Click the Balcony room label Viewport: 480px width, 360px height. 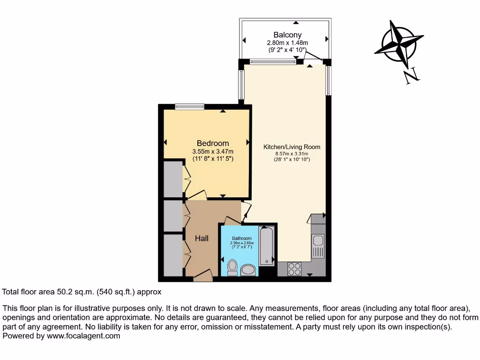pos(287,35)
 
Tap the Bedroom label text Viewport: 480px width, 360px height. pos(213,143)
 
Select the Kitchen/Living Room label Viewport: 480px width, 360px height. pos(292,147)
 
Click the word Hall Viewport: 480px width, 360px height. pos(202,238)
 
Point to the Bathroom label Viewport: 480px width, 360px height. pos(242,238)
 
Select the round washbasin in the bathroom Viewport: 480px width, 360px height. pos(248,270)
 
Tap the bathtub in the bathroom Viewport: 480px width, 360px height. pos(267,246)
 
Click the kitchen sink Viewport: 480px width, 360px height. pos(318,241)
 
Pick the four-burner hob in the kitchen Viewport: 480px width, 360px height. pos(294,269)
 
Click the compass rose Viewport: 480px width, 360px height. pos(398,44)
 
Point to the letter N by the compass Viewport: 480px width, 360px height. pos(411,75)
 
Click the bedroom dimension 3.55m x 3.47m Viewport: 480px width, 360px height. pos(213,151)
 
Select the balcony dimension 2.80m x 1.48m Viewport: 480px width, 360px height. pos(287,43)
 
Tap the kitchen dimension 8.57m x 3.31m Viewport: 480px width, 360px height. pos(292,154)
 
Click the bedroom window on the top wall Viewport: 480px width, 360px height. pos(190,107)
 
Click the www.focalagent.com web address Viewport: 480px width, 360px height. pos(82,336)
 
